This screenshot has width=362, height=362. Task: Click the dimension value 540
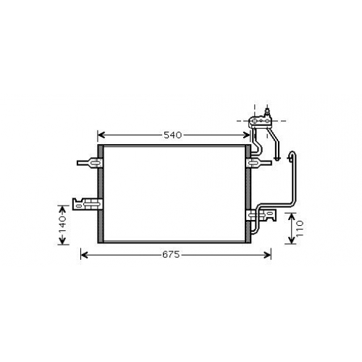coord(172,135)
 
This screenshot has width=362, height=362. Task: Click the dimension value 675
coord(171,255)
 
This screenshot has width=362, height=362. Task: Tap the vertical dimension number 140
coord(63,225)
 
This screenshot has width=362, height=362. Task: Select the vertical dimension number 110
coord(299,229)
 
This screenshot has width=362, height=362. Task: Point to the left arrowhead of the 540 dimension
coord(101,135)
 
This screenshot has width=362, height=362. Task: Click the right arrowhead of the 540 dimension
coord(247,135)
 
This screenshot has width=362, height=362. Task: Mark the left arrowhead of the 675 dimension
coord(84,255)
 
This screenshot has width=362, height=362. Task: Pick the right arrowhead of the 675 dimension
coord(268,255)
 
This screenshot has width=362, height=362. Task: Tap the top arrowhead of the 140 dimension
coord(63,209)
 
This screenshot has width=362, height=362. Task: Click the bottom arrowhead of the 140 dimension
coord(63,241)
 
